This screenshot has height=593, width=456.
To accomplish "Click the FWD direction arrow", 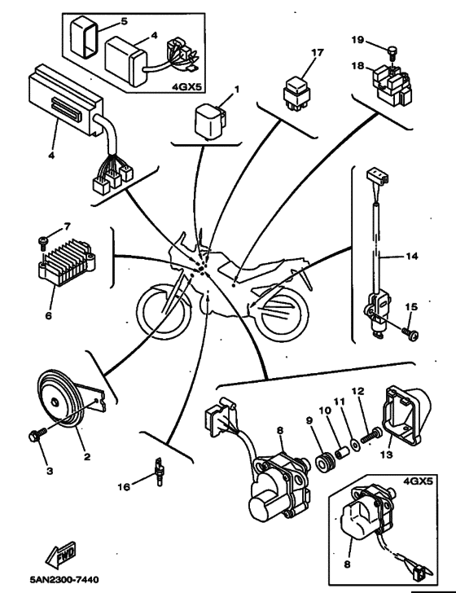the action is click(60, 556).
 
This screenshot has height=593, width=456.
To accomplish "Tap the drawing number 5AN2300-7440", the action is click(64, 579).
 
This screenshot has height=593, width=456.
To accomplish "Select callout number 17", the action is click(318, 52).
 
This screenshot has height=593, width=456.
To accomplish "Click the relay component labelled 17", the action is click(297, 94).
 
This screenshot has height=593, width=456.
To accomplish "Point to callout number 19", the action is click(357, 39).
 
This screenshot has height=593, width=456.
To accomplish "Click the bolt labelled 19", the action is click(392, 52).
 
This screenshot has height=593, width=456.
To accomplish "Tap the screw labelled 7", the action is click(42, 242).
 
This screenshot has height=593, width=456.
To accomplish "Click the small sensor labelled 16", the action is click(159, 472).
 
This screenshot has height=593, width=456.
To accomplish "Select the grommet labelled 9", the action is click(325, 461).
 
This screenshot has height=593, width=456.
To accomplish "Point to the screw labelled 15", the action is click(410, 334).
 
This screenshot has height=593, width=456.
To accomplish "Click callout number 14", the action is click(412, 257).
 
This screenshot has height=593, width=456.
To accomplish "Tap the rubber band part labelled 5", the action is click(85, 37).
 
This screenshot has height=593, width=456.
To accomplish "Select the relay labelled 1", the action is click(209, 120).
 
